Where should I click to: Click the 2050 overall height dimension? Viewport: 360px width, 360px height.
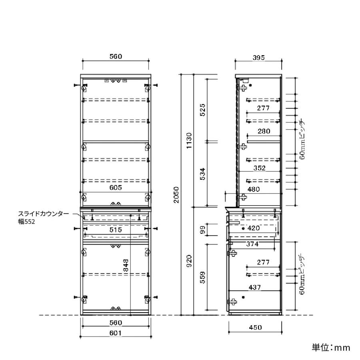point(176,195)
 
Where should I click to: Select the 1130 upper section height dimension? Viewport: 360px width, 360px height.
point(189,140)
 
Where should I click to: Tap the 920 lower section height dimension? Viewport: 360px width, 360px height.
point(189,261)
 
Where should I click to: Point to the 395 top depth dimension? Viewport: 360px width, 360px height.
point(259,58)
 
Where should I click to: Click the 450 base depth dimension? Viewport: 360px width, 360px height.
point(255,327)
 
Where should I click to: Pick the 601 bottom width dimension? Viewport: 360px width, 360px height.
point(116,333)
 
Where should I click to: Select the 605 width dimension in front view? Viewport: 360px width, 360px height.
point(116,188)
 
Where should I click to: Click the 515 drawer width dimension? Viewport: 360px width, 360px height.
point(116,230)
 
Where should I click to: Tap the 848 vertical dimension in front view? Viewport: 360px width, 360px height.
point(126,266)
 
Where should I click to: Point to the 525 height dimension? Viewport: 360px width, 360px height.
point(202,110)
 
